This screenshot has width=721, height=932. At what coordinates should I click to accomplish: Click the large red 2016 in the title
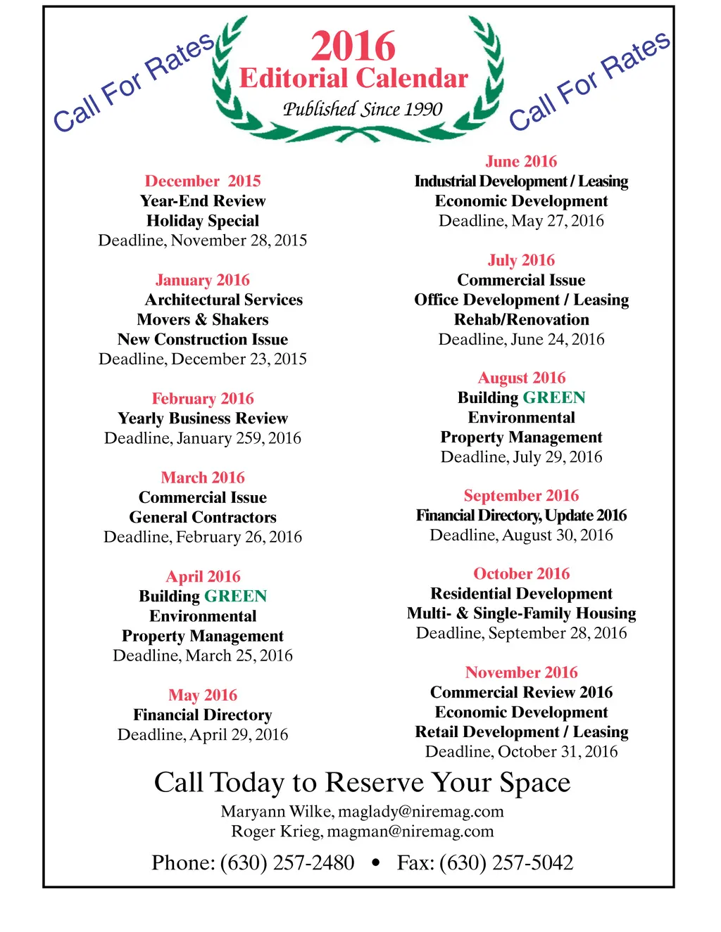coord(353,46)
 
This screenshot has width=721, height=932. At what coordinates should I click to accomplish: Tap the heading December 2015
coord(203,181)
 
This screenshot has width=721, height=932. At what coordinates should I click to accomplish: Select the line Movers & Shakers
coord(203,319)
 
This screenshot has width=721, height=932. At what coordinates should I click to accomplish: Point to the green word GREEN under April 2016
coord(236,596)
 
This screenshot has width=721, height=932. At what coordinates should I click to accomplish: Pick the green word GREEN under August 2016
coord(554,398)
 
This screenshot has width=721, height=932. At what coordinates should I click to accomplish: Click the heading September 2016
coord(521,496)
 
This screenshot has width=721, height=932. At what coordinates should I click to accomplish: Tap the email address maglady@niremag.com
coord(421,812)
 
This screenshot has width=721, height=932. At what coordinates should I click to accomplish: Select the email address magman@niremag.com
coord(410,831)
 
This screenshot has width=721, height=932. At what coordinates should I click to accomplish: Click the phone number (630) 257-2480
coord(287,863)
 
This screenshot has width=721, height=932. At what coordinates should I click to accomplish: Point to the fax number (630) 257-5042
coord(506,863)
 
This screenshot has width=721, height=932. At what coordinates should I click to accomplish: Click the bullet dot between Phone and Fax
coord(375,863)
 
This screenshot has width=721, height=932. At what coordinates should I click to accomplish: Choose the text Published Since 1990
coord(363,109)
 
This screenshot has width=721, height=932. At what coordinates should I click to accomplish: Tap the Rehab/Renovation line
coord(521,319)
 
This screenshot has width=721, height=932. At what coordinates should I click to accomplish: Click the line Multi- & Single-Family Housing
coord(521,613)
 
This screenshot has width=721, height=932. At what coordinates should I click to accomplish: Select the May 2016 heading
coord(203,695)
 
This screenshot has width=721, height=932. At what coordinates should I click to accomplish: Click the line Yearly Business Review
coord(203,419)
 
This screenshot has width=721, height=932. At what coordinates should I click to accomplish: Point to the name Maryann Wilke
coord(276,812)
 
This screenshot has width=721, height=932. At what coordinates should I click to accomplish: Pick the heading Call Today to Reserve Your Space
coord(362,783)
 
